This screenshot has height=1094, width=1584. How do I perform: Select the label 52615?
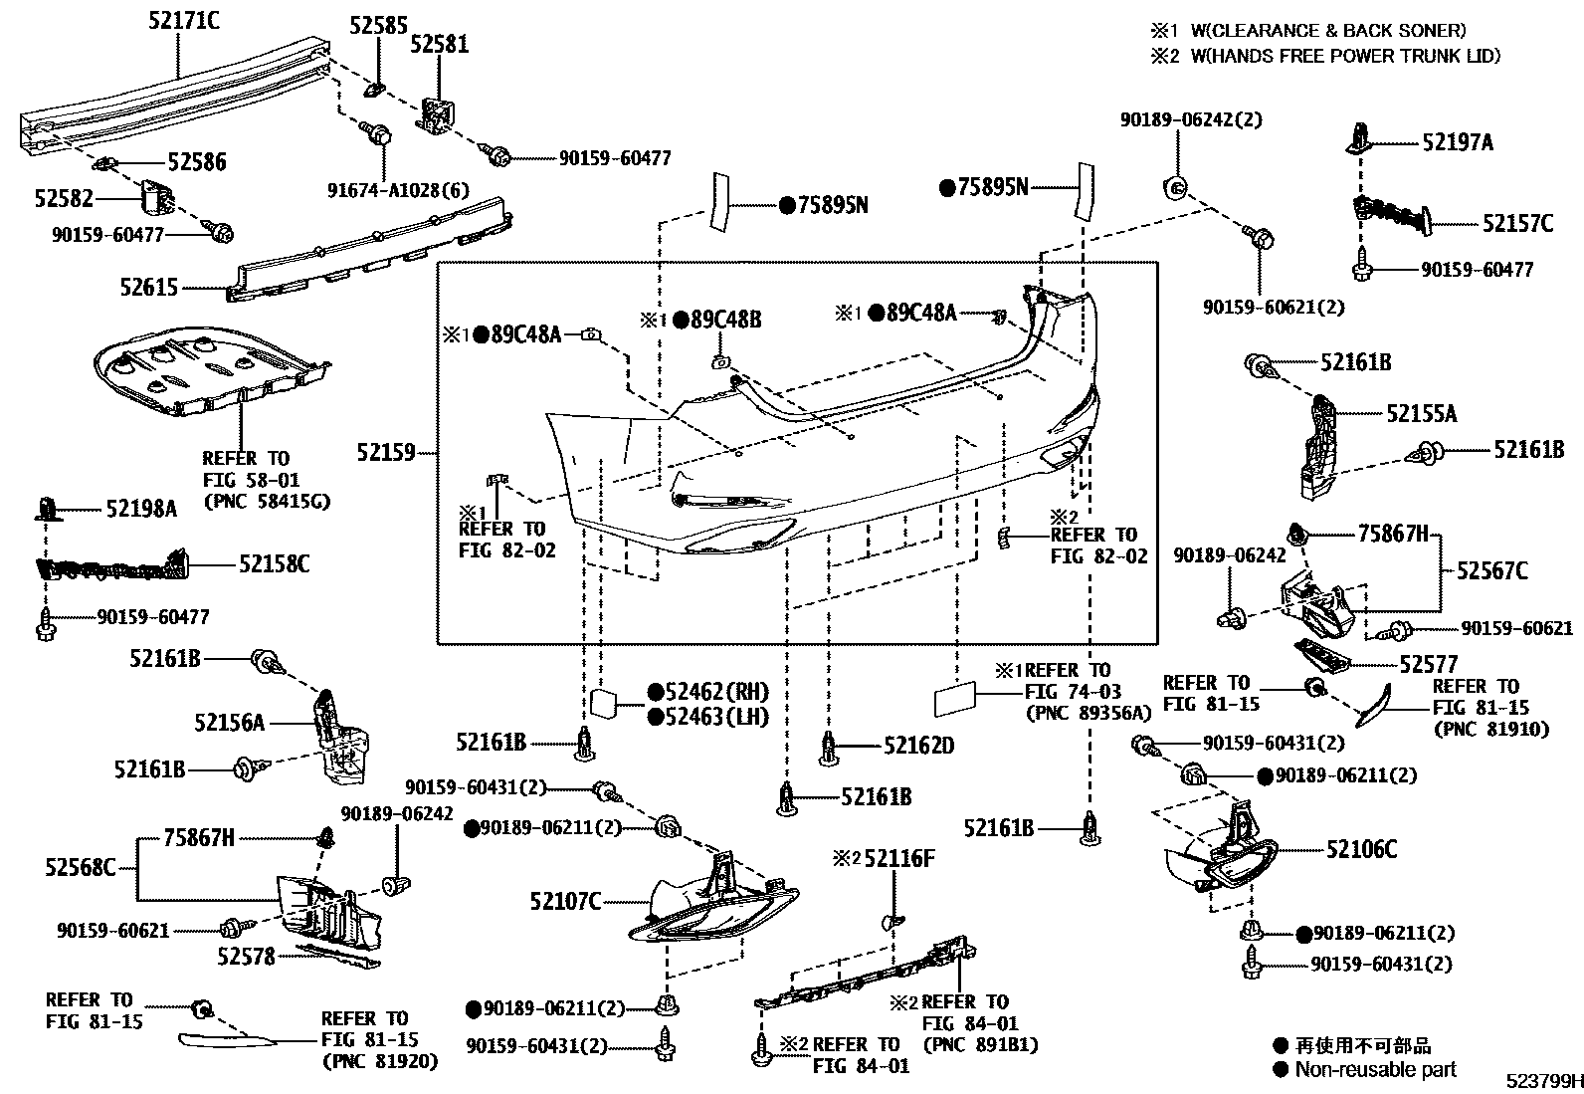(x=149, y=288)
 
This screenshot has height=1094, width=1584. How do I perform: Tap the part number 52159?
(x=386, y=453)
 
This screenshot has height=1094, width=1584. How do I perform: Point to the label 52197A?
(x=1457, y=143)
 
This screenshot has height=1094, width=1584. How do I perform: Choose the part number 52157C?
(x=1516, y=224)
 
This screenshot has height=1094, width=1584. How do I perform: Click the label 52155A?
(x=1421, y=413)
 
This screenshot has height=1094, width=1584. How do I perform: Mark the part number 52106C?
(x=1360, y=849)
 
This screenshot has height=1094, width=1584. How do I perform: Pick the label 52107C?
(x=565, y=901)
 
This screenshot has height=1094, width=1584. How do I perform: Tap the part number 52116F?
(x=899, y=858)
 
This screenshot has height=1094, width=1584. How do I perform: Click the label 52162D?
(x=918, y=745)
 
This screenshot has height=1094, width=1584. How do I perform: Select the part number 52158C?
(x=274, y=564)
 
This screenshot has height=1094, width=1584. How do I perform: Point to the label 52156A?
(x=230, y=723)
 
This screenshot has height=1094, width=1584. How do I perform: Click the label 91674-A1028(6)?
(x=399, y=189)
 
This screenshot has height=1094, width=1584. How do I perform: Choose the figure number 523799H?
(x=1542, y=1081)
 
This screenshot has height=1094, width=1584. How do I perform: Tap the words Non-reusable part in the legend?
(x=1375, y=1069)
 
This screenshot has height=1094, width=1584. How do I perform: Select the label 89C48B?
(x=725, y=320)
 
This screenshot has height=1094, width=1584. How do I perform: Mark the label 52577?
(x=1428, y=664)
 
